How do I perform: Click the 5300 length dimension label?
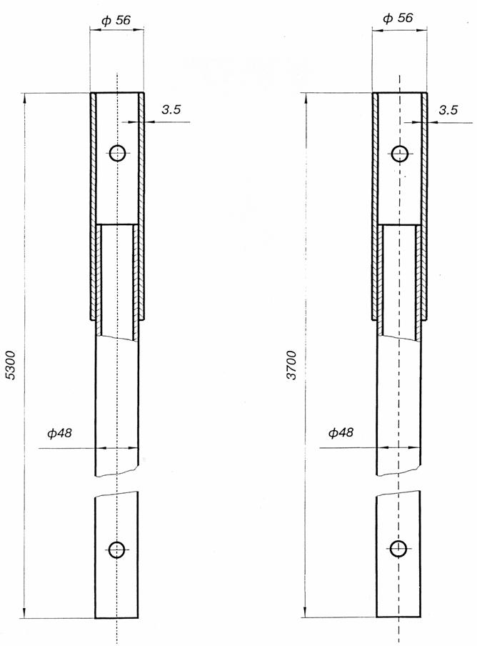click(11, 365)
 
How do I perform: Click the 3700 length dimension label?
click(292, 365)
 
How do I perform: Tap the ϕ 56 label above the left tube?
click(116, 20)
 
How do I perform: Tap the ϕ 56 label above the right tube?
click(398, 18)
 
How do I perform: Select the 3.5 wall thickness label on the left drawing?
click(171, 109)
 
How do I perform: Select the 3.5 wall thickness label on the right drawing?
click(448, 110)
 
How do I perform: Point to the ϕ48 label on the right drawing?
click(341, 432)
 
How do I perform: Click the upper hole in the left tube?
click(118, 153)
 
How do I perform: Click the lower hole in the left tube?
click(117, 550)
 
